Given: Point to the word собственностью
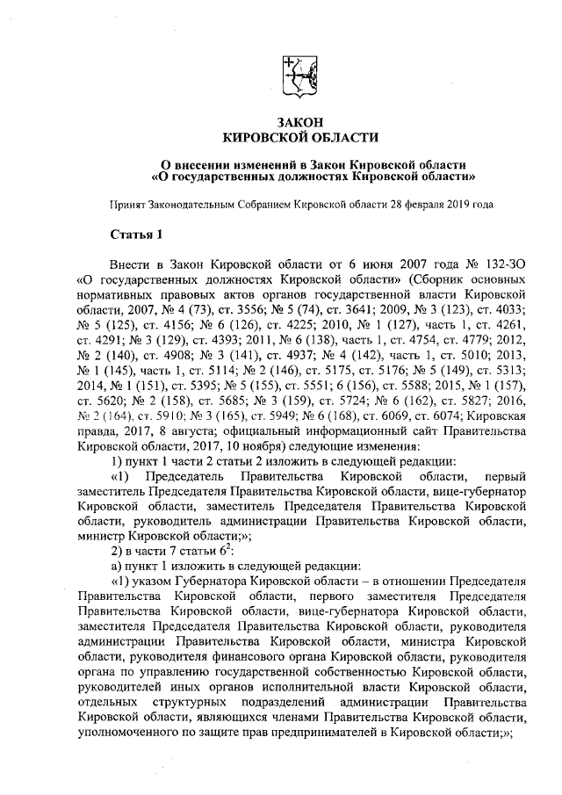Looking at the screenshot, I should (354, 676).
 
